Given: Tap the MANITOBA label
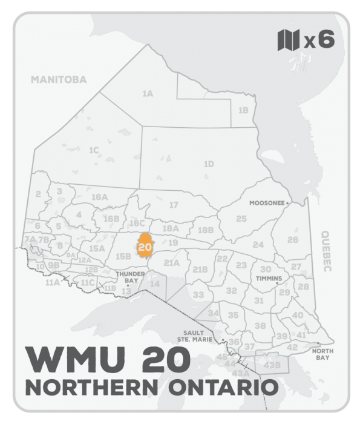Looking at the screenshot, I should pyautogui.click(x=59, y=79).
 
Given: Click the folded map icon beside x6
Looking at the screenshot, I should pyautogui.click(x=289, y=41).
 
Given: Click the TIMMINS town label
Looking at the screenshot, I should pyautogui.click(x=269, y=279).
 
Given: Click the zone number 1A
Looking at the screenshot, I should pyautogui.click(x=147, y=94).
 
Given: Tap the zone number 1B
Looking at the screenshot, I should pyautogui.click(x=243, y=110).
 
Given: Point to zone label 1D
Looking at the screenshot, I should pyautogui.click(x=208, y=164).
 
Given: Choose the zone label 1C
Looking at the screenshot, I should pyautogui.click(x=93, y=150).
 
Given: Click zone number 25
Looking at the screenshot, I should pyautogui.click(x=241, y=218).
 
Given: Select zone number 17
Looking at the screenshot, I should pyautogui.click(x=174, y=205).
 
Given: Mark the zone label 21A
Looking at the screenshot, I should pyautogui.click(x=172, y=263).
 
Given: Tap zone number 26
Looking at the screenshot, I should pyautogui.click(x=293, y=240).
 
